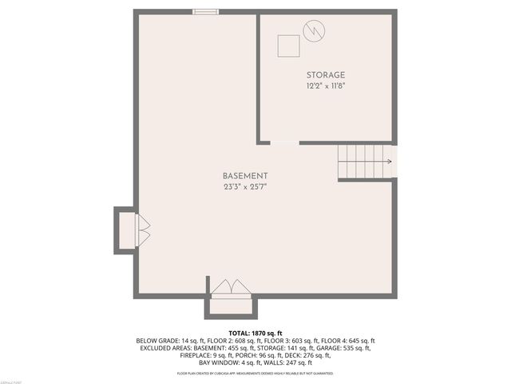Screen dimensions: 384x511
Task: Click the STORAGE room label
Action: (x=325, y=74)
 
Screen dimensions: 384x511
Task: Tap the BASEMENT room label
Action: (x=245, y=176)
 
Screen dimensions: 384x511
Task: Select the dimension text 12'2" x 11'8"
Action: (x=325, y=85)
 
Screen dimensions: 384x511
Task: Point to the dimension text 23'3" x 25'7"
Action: (x=245, y=187)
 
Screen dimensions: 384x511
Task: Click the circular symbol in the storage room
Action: (x=313, y=30)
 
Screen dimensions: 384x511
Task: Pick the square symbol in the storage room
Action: (x=288, y=46)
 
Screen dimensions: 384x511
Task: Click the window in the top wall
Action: (x=206, y=11)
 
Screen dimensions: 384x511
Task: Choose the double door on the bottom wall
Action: (x=231, y=286)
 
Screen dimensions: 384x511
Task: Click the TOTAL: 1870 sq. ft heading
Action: (x=255, y=332)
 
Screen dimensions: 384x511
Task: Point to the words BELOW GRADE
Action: (x=158, y=340)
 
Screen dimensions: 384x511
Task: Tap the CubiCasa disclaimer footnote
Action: (x=255, y=374)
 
